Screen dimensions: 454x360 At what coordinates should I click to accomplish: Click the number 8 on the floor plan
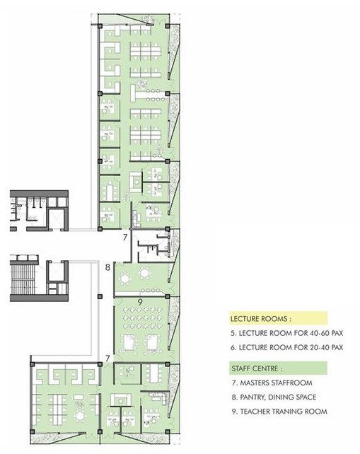[x=108, y=267]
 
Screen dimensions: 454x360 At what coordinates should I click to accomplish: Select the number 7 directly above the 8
[x=124, y=236]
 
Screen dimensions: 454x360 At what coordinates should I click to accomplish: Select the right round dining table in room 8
[x=146, y=274]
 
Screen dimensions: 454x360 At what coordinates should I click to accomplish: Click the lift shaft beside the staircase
[x=54, y=277]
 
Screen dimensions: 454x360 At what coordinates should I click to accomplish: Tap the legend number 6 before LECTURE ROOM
[x=232, y=347]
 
